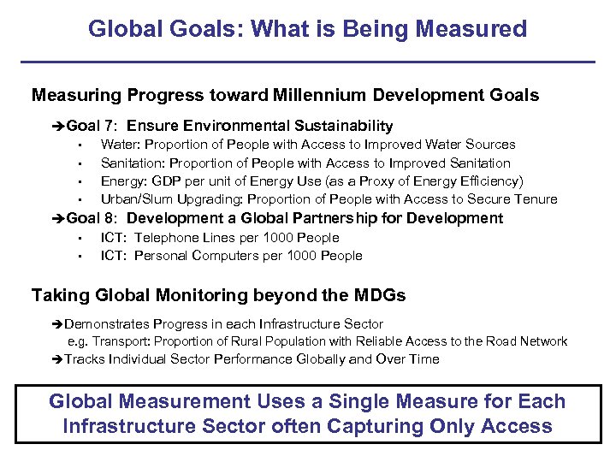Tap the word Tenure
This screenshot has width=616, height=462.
point(536,199)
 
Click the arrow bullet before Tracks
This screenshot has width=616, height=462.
point(57,359)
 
